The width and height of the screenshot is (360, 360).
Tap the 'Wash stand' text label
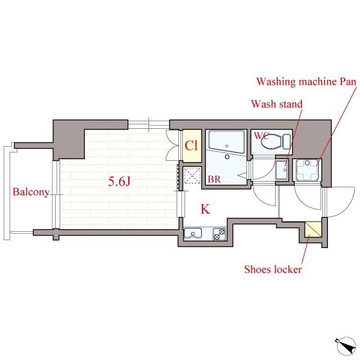(276, 104)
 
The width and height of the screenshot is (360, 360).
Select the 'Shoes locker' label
(273, 269)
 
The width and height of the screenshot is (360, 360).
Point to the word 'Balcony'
(30, 192)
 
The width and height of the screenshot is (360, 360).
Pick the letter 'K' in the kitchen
(205, 210)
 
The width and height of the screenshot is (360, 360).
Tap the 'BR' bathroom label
(214, 179)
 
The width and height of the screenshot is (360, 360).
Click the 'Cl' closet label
(191, 146)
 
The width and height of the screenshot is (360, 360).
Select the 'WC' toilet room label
(262, 136)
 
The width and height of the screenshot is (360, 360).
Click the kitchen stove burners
(218, 233)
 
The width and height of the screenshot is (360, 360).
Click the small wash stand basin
(282, 169)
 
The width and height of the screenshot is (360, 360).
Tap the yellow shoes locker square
(312, 230)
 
